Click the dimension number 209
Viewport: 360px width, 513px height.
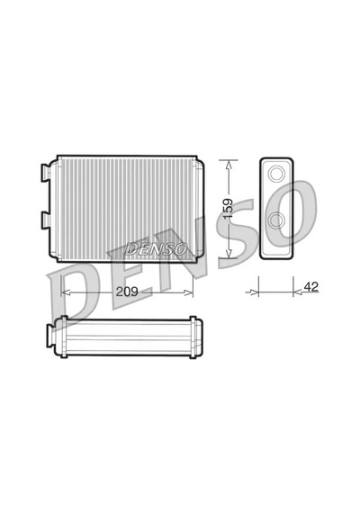(x=127, y=292)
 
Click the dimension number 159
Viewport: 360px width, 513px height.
(x=228, y=209)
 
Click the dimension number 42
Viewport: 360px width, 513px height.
(x=310, y=286)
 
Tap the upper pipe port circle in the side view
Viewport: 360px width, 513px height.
(x=276, y=173)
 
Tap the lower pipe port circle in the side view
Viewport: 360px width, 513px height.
(x=276, y=220)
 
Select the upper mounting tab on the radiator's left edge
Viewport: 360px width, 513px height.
(x=45, y=172)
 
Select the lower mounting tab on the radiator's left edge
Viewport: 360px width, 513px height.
(x=45, y=220)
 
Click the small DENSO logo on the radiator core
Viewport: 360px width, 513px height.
(x=156, y=249)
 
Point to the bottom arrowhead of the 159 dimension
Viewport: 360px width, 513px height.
(x=229, y=254)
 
